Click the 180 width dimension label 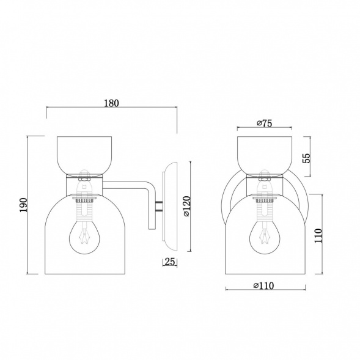pos(112,103)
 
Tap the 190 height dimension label pos(24,205)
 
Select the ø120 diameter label pos(186,207)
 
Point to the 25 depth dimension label pos(170,262)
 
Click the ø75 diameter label pos(264,123)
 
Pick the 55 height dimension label pos(306,158)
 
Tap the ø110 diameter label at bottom pos(263,286)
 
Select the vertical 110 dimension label pos(318,235)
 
